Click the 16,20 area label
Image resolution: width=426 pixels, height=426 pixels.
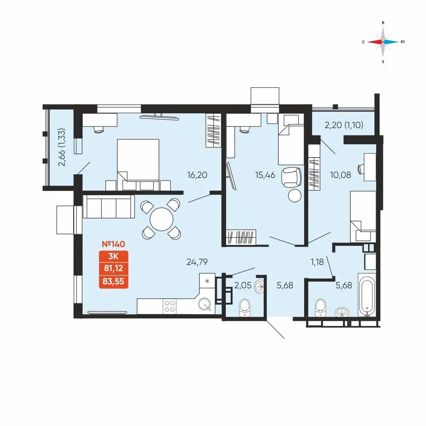[x=197, y=175]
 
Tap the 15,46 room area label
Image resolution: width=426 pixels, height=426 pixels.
[x=265, y=175]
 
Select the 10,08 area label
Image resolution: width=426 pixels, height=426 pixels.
[x=340, y=175]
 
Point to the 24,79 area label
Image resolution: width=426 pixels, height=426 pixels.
[x=197, y=262]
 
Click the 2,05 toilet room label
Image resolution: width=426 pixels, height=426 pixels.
[x=243, y=285]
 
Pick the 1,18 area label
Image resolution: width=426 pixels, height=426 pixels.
[x=317, y=262]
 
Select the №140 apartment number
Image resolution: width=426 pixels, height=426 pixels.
[x=113, y=244]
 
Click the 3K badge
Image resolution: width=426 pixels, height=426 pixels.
[x=114, y=256]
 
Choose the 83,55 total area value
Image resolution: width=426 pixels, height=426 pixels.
[x=114, y=282]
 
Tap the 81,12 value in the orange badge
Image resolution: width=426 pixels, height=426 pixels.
[x=114, y=268]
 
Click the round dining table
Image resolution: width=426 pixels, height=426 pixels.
[x=161, y=219]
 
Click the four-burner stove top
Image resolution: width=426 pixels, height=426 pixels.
[x=170, y=306]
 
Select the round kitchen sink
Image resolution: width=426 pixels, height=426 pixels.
[x=204, y=304]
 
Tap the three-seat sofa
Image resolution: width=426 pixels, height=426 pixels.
[x=109, y=207]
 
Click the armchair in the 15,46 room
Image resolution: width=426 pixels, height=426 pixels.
[x=291, y=177]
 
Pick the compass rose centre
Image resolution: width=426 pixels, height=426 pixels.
[x=383, y=42]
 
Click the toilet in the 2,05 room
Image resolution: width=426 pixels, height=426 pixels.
[x=245, y=308]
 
